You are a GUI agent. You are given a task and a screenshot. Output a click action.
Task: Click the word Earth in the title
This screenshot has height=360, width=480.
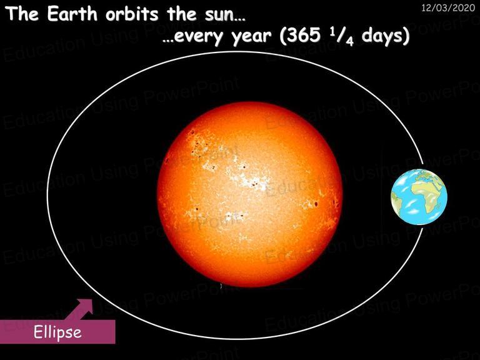72,14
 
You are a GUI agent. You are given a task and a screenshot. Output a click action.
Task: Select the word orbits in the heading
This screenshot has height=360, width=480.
132,14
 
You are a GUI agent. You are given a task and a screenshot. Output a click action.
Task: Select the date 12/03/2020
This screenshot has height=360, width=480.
448,7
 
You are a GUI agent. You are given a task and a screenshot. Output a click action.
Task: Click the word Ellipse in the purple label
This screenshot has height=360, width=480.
57,332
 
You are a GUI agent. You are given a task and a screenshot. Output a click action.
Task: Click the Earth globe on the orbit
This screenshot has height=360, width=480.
419,197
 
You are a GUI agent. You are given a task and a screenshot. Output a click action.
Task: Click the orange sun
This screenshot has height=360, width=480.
250,195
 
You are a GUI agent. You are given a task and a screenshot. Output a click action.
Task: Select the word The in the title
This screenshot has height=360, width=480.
22,14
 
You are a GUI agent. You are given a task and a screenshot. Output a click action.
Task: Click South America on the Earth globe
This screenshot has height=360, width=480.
396,201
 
